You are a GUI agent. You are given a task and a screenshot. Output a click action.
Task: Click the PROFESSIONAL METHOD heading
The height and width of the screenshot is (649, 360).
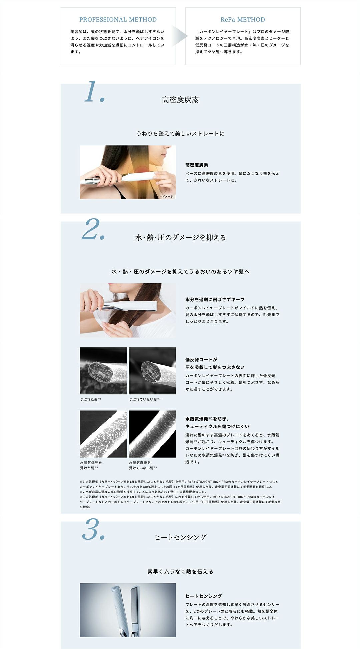point(118,20)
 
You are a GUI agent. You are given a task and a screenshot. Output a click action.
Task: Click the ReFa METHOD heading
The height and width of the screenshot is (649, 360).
point(243,20)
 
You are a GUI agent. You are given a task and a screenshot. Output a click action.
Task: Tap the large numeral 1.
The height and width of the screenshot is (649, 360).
point(94,92)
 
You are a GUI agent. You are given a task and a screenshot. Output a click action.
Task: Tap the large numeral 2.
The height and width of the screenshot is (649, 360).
point(93,229)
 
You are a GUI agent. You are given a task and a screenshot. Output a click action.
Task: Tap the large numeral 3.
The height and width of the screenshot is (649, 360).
point(93,529)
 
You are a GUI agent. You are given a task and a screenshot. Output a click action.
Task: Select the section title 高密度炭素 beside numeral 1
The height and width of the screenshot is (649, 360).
point(180,100)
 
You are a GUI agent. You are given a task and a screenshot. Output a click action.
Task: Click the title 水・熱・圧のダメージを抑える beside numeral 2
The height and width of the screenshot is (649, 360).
point(180,237)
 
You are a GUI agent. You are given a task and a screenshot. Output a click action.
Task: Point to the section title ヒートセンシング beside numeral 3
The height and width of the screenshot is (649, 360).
point(180,537)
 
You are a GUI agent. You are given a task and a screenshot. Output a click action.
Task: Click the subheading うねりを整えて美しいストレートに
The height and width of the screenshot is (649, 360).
point(180,134)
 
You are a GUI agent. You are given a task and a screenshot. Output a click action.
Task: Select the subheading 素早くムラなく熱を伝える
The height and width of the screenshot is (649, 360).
point(180,572)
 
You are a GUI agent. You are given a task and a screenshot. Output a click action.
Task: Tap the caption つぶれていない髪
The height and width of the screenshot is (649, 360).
point(145,399)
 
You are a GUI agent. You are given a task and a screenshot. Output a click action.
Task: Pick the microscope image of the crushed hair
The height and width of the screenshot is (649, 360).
point(103,371)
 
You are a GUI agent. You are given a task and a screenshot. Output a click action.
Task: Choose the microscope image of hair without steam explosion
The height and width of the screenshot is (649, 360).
point(152,434)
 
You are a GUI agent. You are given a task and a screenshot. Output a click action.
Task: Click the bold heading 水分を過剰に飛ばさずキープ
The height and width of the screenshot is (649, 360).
point(215,300)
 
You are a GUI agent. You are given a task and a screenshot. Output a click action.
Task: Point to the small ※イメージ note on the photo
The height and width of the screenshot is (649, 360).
point(166,197)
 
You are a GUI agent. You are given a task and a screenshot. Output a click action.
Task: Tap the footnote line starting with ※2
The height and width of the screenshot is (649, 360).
point(143,492)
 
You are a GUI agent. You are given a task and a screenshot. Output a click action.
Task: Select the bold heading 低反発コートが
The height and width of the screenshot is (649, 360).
point(201,360)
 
